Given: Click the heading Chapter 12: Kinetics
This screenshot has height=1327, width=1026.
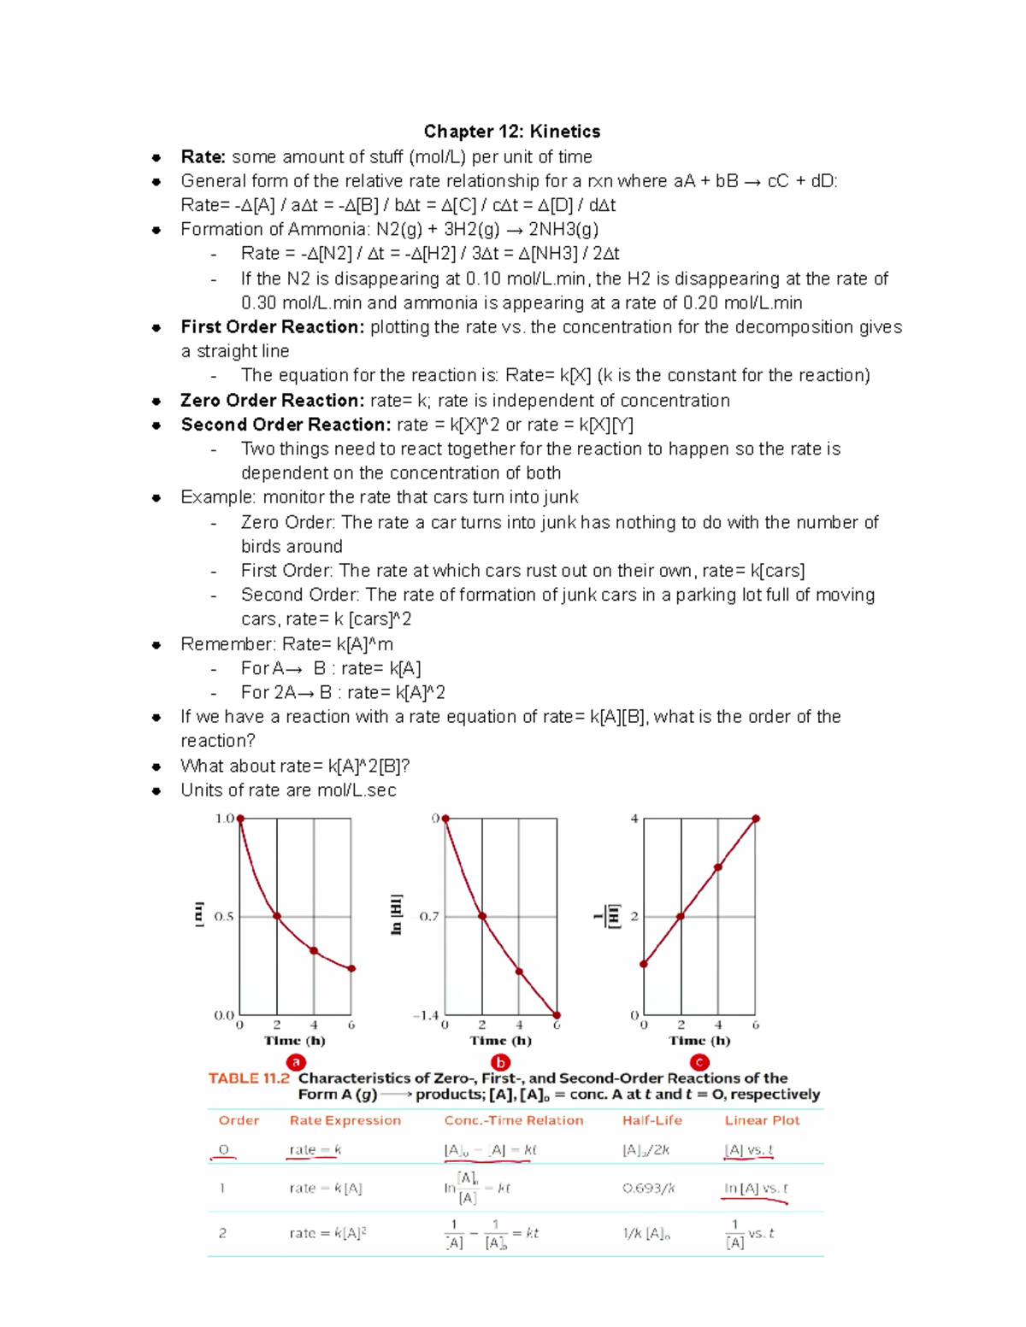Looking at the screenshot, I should pos(511,132).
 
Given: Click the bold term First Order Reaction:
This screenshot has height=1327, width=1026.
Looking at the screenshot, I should pos(272,327).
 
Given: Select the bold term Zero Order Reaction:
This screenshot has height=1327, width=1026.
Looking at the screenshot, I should pos(272,401).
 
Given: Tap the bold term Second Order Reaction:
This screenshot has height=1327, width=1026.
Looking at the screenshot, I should pos(286,425).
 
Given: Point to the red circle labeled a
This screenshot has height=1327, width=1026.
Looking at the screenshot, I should pos(296,1062).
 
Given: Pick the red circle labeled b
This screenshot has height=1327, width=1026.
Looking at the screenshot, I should pos(500,1062).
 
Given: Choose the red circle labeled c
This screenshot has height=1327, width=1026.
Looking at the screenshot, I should pos(699,1062).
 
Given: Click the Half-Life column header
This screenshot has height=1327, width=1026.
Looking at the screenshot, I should pos(652,1120).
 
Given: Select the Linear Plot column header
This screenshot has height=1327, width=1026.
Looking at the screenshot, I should pos(762,1120).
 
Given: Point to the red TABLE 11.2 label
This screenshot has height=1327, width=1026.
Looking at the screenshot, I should pos(249,1078).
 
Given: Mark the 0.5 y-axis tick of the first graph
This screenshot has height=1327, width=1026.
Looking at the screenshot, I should pos(224,917).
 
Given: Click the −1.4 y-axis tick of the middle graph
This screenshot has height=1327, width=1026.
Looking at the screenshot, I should pos(426,1016).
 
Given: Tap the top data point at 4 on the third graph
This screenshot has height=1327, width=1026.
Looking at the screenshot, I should pos(756,819).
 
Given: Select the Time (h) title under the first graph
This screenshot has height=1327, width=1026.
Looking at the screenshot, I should pos(294,1041).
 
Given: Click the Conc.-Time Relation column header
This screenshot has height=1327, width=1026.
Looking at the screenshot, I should pos(513,1120).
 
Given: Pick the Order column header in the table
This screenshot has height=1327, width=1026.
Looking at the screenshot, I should pos(239,1120).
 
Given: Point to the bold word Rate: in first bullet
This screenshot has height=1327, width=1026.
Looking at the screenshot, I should pos(203,157).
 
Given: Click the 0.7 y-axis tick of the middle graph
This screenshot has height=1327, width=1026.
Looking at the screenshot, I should pos(428,917).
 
